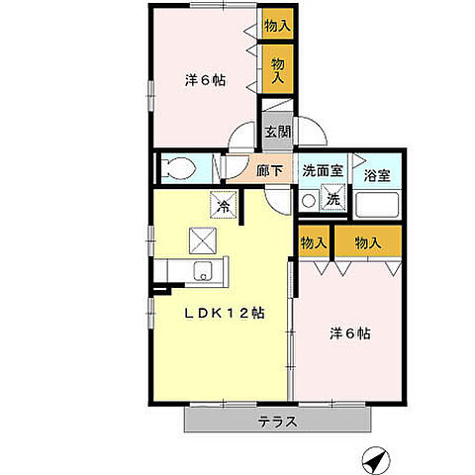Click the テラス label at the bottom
[278, 421]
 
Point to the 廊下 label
[270, 170]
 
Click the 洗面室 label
[322, 170]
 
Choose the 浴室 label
[376, 177]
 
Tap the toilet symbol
[179, 167]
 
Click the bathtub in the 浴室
[377, 206]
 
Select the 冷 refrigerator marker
[223, 206]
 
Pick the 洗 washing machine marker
[333, 199]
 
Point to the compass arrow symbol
[372, 458]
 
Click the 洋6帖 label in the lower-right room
[350, 333]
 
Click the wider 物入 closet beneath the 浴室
[368, 242]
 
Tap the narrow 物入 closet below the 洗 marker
[313, 242]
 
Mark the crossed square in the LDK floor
[203, 238]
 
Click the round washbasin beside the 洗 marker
[309, 200]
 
